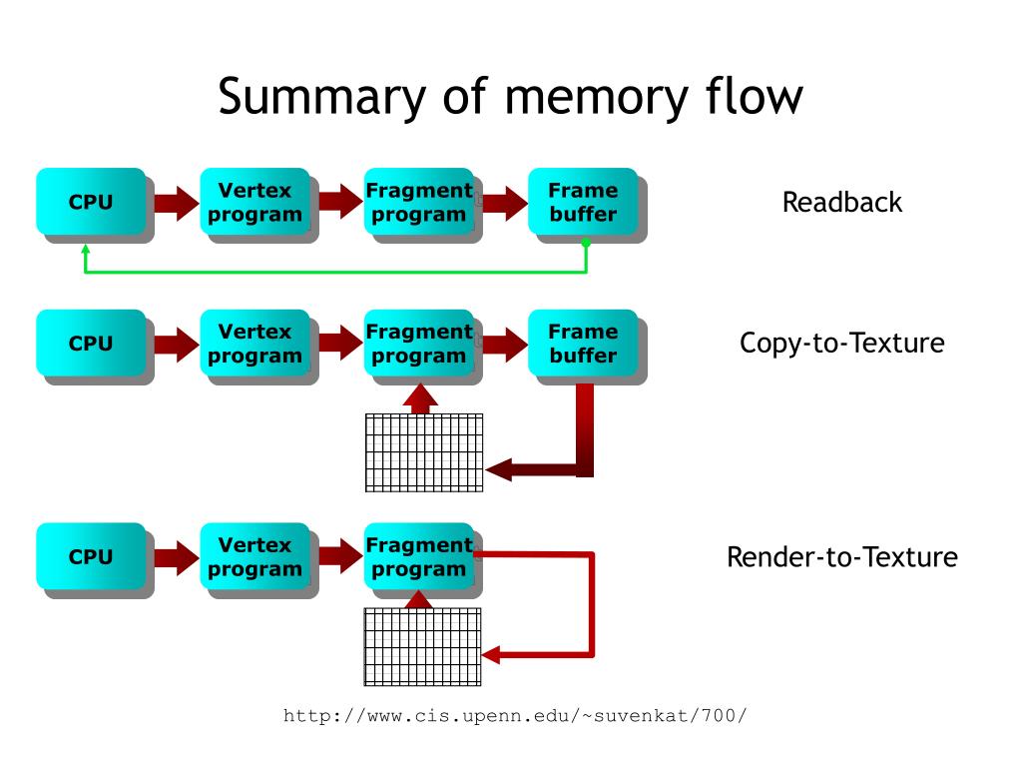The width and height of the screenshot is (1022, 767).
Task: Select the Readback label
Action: point(842,202)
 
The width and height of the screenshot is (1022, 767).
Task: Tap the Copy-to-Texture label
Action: point(842,344)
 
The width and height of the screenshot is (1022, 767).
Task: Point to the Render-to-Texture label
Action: point(842,557)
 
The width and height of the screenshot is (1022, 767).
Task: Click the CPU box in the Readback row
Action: point(91,202)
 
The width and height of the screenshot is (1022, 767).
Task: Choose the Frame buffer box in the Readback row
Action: point(583,202)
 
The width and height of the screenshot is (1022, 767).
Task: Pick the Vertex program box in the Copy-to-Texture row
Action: point(255,344)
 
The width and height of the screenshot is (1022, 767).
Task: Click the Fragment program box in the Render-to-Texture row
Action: point(419,556)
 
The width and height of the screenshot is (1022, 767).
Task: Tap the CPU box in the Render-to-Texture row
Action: point(91,556)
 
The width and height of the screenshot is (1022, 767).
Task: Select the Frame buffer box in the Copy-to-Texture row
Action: point(583,344)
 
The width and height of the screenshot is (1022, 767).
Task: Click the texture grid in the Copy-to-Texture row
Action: point(424,452)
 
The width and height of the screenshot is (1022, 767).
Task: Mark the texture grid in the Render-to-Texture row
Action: point(422,647)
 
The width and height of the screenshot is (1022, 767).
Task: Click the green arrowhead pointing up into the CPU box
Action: point(86,249)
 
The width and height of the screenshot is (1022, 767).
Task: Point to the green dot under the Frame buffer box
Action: point(586,244)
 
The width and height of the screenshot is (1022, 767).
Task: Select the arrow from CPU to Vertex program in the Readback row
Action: point(177,203)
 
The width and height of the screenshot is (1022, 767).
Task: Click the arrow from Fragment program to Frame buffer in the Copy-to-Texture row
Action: point(505,344)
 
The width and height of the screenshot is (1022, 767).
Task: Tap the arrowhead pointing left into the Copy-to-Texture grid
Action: point(499,469)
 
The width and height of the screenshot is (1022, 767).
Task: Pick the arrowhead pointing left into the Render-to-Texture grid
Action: point(491,655)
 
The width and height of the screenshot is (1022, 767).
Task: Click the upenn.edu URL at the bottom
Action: point(515,716)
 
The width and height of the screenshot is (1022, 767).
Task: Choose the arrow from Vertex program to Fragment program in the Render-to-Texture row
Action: point(340,557)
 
